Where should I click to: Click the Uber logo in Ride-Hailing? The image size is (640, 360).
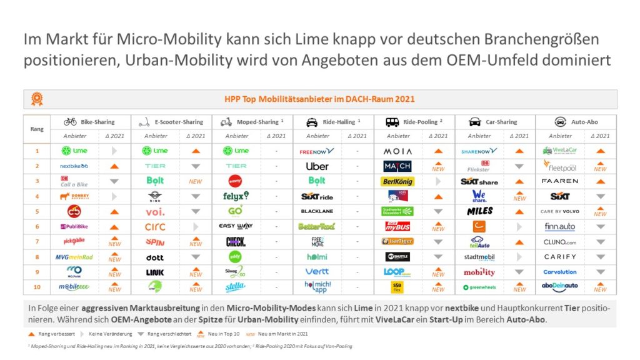(x=317, y=166)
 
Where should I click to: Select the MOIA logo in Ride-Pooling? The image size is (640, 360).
(x=397, y=151)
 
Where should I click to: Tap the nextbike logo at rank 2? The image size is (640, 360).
(x=74, y=166)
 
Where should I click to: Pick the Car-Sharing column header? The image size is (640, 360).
(x=494, y=122)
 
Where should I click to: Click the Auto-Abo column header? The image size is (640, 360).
(x=576, y=122)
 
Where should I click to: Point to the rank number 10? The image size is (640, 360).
(x=37, y=287)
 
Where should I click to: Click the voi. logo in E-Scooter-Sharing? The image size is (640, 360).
(x=155, y=211)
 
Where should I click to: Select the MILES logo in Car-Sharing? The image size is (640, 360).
(x=479, y=211)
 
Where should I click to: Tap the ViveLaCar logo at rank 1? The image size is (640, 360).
(x=560, y=151)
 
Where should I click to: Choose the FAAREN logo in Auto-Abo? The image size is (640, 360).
(x=560, y=181)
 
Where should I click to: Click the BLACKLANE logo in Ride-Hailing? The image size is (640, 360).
(x=317, y=211)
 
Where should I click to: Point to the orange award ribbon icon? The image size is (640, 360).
(x=37, y=99)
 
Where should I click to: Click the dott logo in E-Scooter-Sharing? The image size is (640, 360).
(x=155, y=257)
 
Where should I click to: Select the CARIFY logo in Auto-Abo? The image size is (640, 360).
(x=560, y=257)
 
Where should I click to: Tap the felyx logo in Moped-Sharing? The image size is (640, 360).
(x=236, y=196)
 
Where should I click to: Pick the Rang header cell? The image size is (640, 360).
(x=37, y=129)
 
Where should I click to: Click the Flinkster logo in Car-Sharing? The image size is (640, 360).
(x=479, y=166)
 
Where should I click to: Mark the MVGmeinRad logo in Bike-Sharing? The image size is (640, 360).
(x=74, y=257)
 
